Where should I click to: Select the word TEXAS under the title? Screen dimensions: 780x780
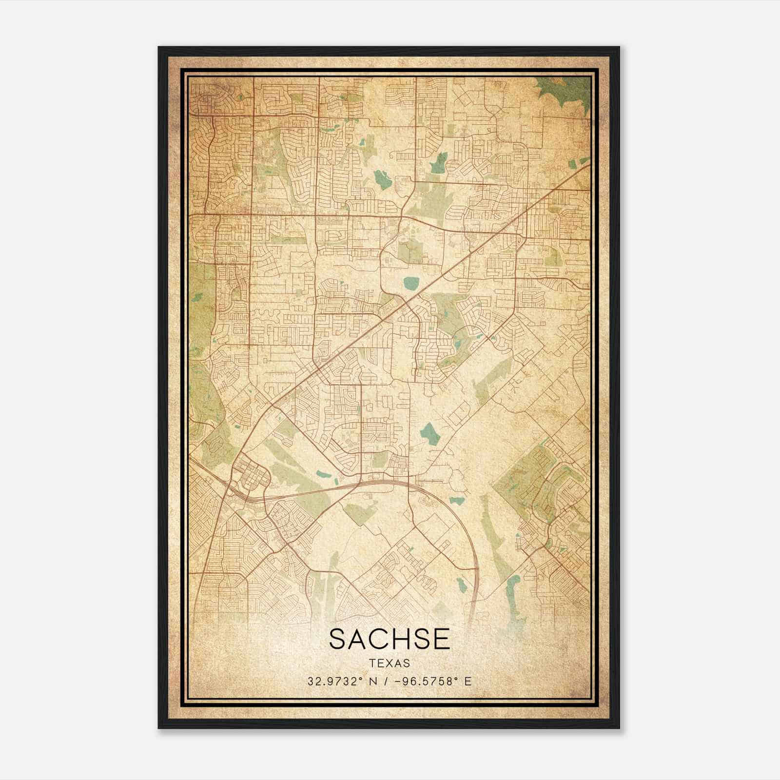pyautogui.click(x=390, y=663)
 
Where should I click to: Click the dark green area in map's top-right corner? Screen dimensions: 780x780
pyautogui.click(x=565, y=90)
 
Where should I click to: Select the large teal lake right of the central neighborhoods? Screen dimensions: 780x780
pyautogui.click(x=429, y=432)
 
